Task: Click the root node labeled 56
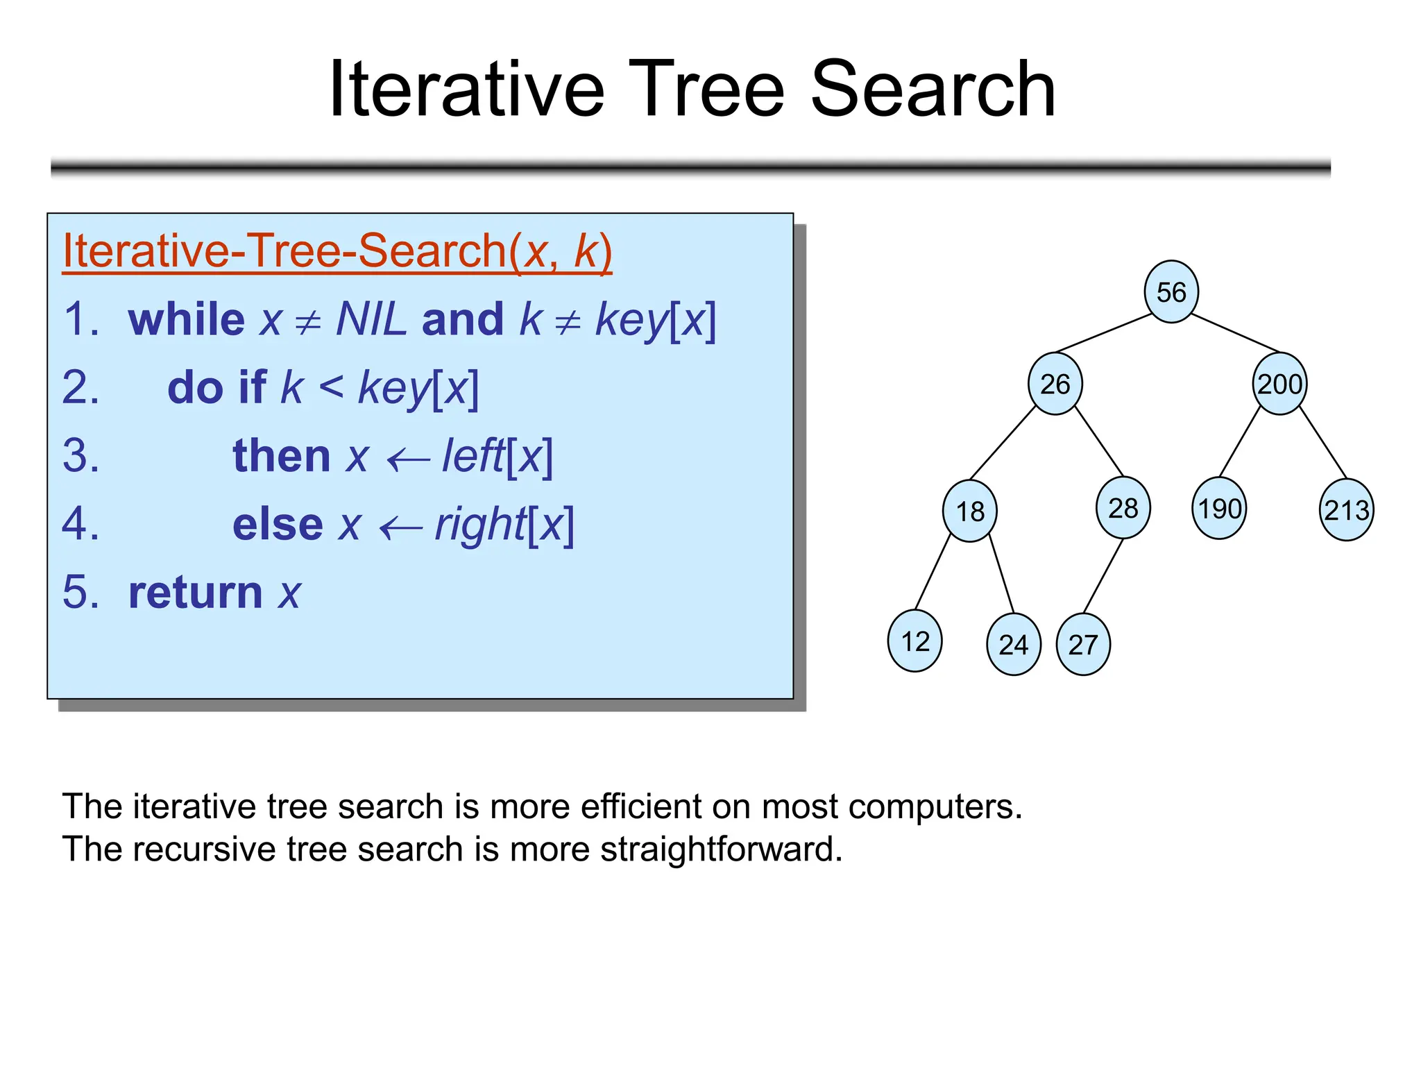pos(1171,291)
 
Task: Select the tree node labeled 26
pos(1055,384)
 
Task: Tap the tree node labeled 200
pos(1279,384)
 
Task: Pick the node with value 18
pos(969,511)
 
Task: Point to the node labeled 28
pos(1123,508)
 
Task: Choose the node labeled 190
pos(1219,508)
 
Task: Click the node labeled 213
pos(1346,510)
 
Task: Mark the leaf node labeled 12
pos(914,641)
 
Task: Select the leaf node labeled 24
pos(1013,644)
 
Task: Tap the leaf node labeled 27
pos(1082,644)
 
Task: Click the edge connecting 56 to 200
pos(1235,332)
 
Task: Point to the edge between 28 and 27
pos(1103,575)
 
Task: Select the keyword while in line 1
pos(187,319)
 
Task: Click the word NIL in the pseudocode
pos(371,319)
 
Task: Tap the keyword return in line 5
pos(195,593)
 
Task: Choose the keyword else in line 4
pos(278,525)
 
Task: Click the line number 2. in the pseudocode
pos(80,387)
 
